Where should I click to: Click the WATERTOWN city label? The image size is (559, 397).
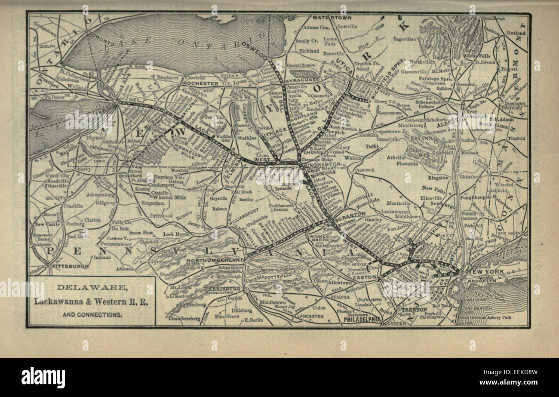click(332, 18)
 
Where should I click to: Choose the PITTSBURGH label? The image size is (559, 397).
click(70, 267)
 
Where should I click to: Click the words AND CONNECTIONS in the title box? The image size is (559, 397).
click(92, 315)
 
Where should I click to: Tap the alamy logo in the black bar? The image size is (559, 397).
click(43, 377)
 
